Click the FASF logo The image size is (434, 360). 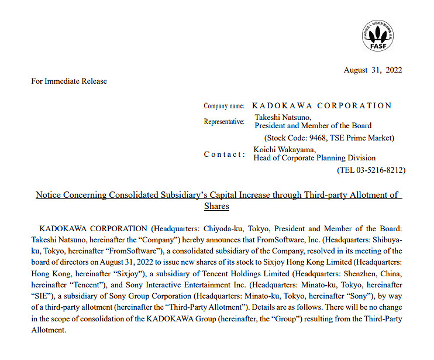tap(377, 35)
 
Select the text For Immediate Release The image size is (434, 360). tap(69, 81)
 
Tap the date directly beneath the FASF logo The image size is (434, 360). tap(373, 70)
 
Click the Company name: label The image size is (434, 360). tap(224, 106)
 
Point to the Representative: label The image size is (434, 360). tap(224, 122)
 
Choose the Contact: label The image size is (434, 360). tap(225, 154)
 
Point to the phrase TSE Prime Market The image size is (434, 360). tap(367, 138)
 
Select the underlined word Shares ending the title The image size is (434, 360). tap(216, 206)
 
